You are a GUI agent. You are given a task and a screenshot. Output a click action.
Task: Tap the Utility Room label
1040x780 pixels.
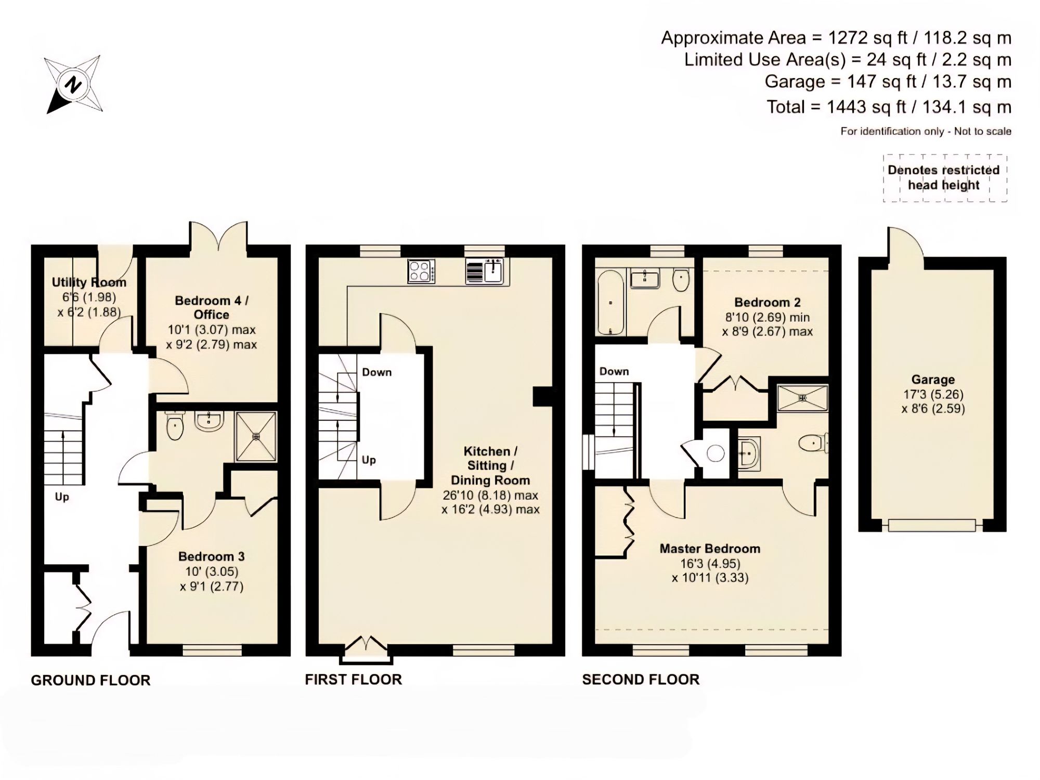click(89, 282)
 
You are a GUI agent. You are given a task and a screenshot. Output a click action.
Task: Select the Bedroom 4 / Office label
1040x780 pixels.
click(212, 307)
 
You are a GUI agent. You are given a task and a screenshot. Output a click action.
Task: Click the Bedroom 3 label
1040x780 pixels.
click(211, 556)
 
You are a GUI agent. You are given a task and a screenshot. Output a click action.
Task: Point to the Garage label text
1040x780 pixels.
click(933, 380)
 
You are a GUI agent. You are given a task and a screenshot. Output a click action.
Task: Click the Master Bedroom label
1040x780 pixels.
click(710, 549)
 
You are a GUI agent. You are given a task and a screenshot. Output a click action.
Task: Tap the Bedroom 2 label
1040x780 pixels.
click(767, 303)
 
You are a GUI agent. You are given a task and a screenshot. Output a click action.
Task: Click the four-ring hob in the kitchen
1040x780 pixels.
click(421, 271)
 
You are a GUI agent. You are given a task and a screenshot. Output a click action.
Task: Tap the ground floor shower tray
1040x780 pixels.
click(256, 436)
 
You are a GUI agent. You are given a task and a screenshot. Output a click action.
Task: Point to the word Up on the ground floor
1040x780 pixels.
click(62, 497)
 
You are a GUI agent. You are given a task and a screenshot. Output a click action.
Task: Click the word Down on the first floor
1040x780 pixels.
click(376, 372)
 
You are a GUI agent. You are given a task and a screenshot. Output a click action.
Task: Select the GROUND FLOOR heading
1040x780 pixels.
click(90, 680)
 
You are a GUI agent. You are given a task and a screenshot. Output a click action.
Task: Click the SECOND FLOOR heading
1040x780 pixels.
click(641, 680)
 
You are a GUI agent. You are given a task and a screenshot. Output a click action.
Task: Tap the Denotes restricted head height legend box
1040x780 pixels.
click(944, 178)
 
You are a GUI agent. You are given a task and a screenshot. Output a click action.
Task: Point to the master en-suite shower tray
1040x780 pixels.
click(802, 398)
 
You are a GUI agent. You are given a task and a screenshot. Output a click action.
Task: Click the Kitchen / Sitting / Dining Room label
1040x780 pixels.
click(490, 465)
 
